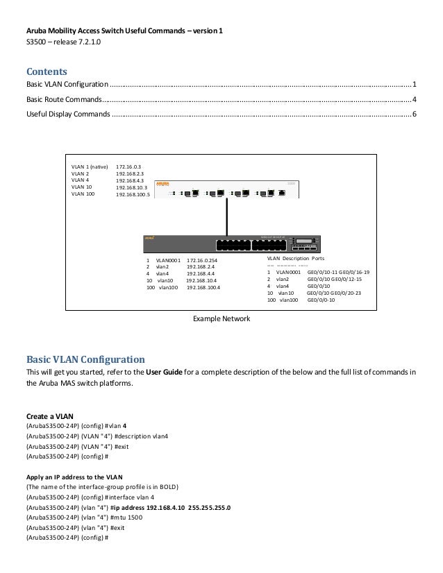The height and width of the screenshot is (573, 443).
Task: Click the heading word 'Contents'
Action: coord(46,71)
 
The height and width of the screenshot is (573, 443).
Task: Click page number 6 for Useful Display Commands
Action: coord(415,113)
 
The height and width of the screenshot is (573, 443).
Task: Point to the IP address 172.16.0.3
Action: coord(128,167)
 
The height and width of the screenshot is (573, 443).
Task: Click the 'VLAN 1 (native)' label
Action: coord(90,167)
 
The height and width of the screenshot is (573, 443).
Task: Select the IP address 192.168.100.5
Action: coord(137,195)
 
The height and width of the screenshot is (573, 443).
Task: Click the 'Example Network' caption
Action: coord(221,320)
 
